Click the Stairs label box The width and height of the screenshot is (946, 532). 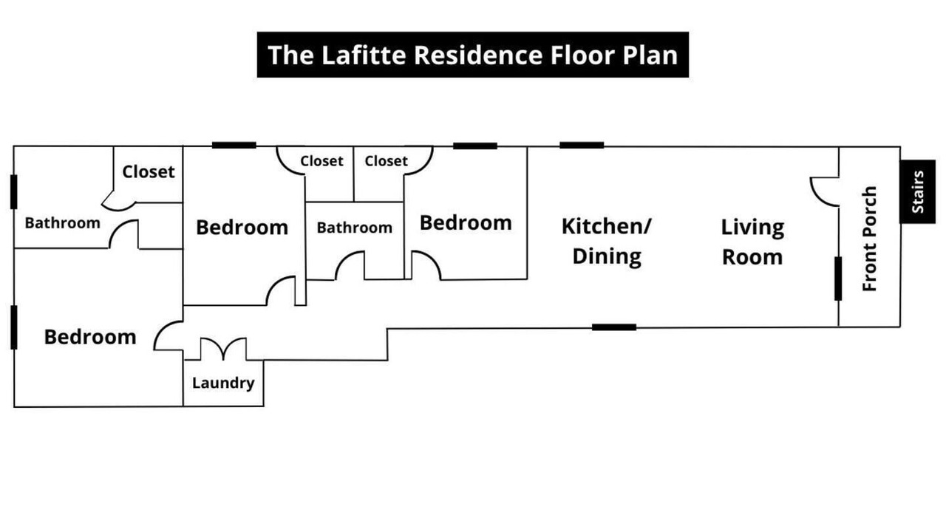918,191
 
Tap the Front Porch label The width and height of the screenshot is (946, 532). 870,239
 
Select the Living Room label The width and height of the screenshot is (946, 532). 752,242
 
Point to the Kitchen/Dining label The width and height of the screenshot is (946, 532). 607,242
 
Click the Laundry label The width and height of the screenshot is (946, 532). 223,383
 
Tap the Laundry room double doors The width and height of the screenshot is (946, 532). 223,349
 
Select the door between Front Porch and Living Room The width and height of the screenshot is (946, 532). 824,192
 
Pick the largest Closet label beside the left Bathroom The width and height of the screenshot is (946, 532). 149,172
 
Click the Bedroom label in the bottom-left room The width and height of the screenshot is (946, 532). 90,337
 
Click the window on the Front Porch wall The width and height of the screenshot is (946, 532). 838,279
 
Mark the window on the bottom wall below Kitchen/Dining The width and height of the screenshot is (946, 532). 614,327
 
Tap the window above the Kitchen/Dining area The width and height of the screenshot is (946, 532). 582,146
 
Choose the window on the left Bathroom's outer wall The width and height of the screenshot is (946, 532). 14,191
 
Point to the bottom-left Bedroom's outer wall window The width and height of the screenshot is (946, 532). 14,327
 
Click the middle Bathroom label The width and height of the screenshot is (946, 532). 354,228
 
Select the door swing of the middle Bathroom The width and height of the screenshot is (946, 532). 350,265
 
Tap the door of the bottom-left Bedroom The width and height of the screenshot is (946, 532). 169,335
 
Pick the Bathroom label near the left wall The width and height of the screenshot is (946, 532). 63,223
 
